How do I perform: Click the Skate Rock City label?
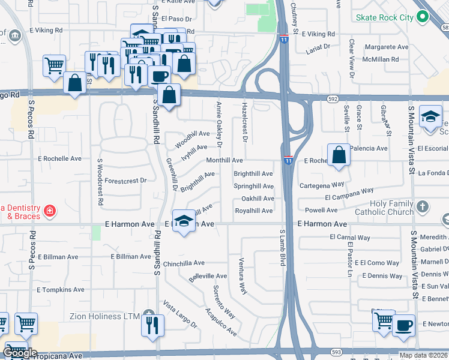385,17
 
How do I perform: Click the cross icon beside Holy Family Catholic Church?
423,207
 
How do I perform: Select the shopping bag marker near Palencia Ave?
339,154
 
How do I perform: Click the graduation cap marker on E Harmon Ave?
184,220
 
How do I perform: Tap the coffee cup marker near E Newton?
403,325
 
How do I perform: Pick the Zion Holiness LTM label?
104,316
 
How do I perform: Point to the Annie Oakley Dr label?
219,124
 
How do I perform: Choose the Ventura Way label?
242,276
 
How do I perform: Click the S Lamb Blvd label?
282,247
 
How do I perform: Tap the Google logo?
19,353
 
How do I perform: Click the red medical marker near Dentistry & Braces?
49,211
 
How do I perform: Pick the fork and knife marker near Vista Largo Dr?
152,325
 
